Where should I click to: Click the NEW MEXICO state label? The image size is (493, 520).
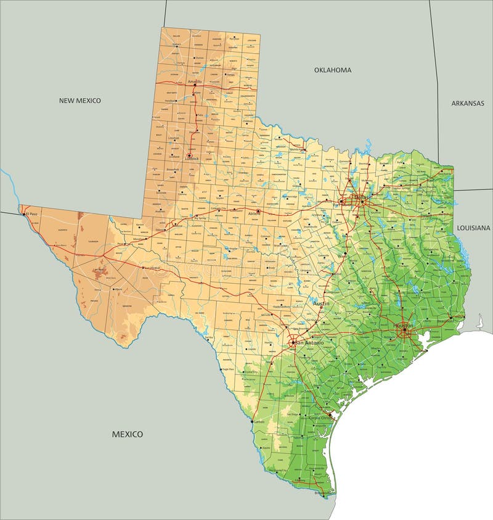(x=79, y=100)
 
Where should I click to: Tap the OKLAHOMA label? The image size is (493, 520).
(x=333, y=70)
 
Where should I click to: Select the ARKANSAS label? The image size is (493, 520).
(x=468, y=103)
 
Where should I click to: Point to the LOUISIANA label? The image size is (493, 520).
(x=473, y=228)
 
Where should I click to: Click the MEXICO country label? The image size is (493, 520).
(x=127, y=434)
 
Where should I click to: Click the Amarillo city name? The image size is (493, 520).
(x=194, y=81)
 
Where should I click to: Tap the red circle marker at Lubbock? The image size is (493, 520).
(x=189, y=155)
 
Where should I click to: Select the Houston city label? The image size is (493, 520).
(x=404, y=324)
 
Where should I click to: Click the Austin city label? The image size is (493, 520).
(x=321, y=303)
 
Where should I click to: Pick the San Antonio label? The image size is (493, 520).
(x=309, y=342)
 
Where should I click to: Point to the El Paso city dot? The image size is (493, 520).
(x=25, y=214)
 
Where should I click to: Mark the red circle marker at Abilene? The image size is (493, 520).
(x=258, y=212)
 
